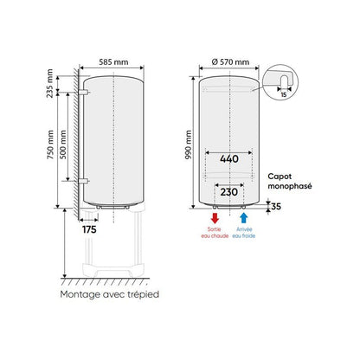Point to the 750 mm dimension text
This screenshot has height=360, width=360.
[49, 144]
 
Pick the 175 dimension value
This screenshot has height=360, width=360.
[88, 230]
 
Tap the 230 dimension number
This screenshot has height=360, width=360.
[228, 193]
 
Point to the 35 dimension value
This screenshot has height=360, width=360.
[276, 207]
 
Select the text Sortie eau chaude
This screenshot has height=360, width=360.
[215, 233]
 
